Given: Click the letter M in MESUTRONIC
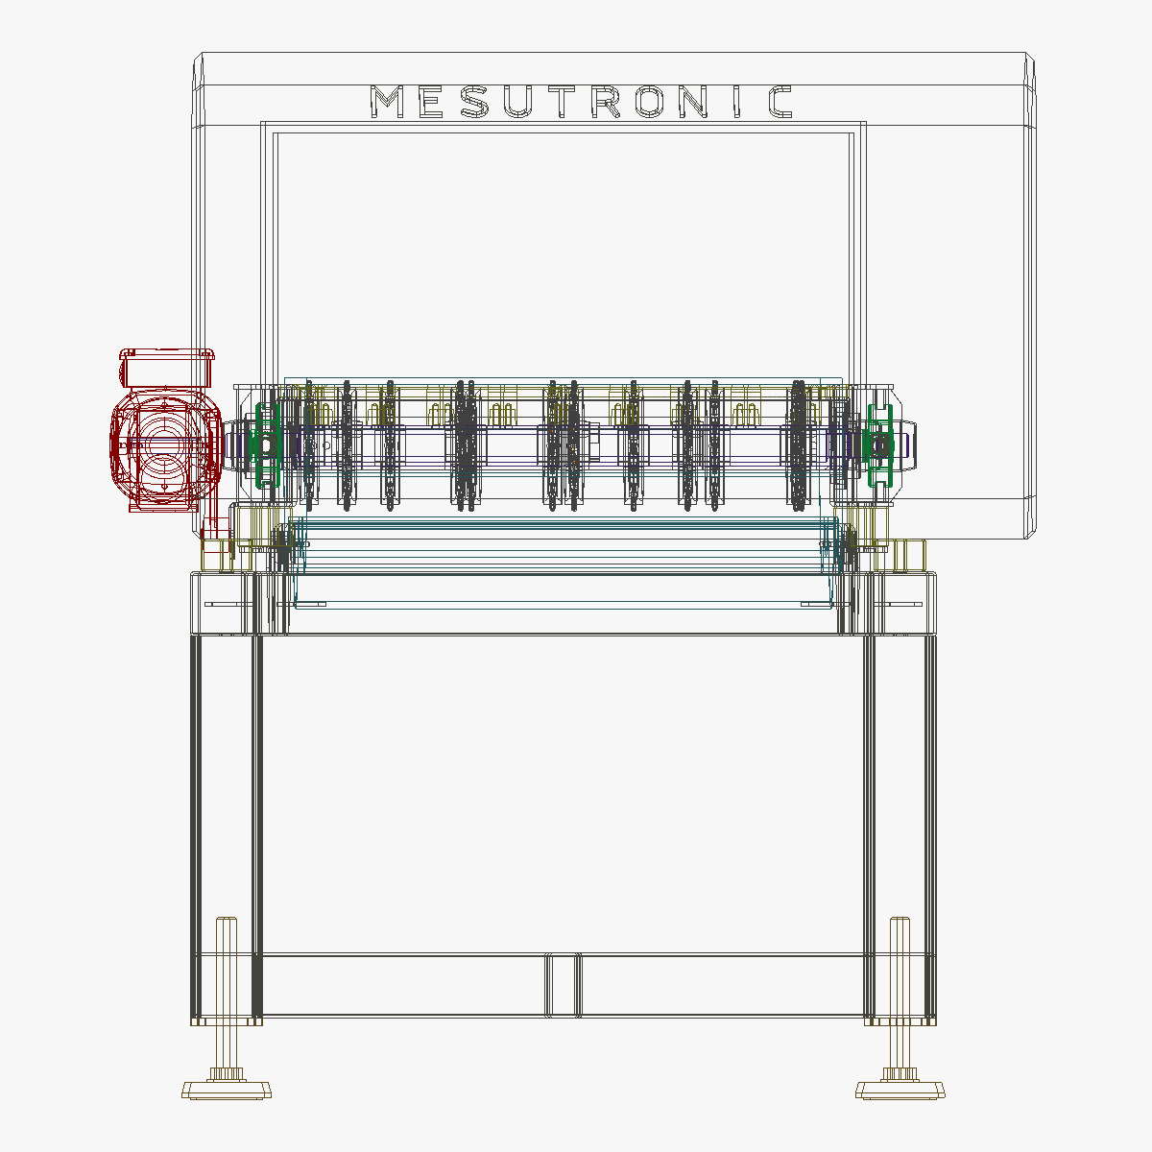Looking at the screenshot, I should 388,102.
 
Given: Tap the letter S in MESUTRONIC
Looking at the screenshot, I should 474,102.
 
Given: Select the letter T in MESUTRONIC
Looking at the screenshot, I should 563,102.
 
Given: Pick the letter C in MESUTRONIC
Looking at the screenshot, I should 780,102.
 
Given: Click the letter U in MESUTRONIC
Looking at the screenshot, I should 518,102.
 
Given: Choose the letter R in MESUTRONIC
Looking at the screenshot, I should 607,102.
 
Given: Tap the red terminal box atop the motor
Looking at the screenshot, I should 165,368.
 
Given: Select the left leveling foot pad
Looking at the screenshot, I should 227,1090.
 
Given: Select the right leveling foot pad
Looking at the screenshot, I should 900,1090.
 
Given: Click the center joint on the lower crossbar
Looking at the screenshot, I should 563,985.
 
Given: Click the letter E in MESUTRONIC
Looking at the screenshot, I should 431,102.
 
